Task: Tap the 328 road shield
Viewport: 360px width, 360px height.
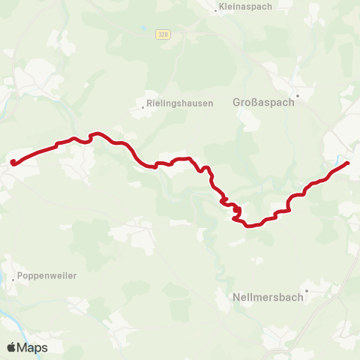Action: [x=163, y=34]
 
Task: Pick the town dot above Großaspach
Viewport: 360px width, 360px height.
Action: [x=297, y=96]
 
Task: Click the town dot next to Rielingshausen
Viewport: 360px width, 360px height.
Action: [x=142, y=107]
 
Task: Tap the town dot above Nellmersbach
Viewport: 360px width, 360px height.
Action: [x=307, y=290]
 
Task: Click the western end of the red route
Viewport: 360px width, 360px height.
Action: [x=13, y=161]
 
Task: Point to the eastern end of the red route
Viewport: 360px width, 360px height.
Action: [x=348, y=163]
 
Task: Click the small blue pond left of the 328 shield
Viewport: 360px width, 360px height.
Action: [x=142, y=31]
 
